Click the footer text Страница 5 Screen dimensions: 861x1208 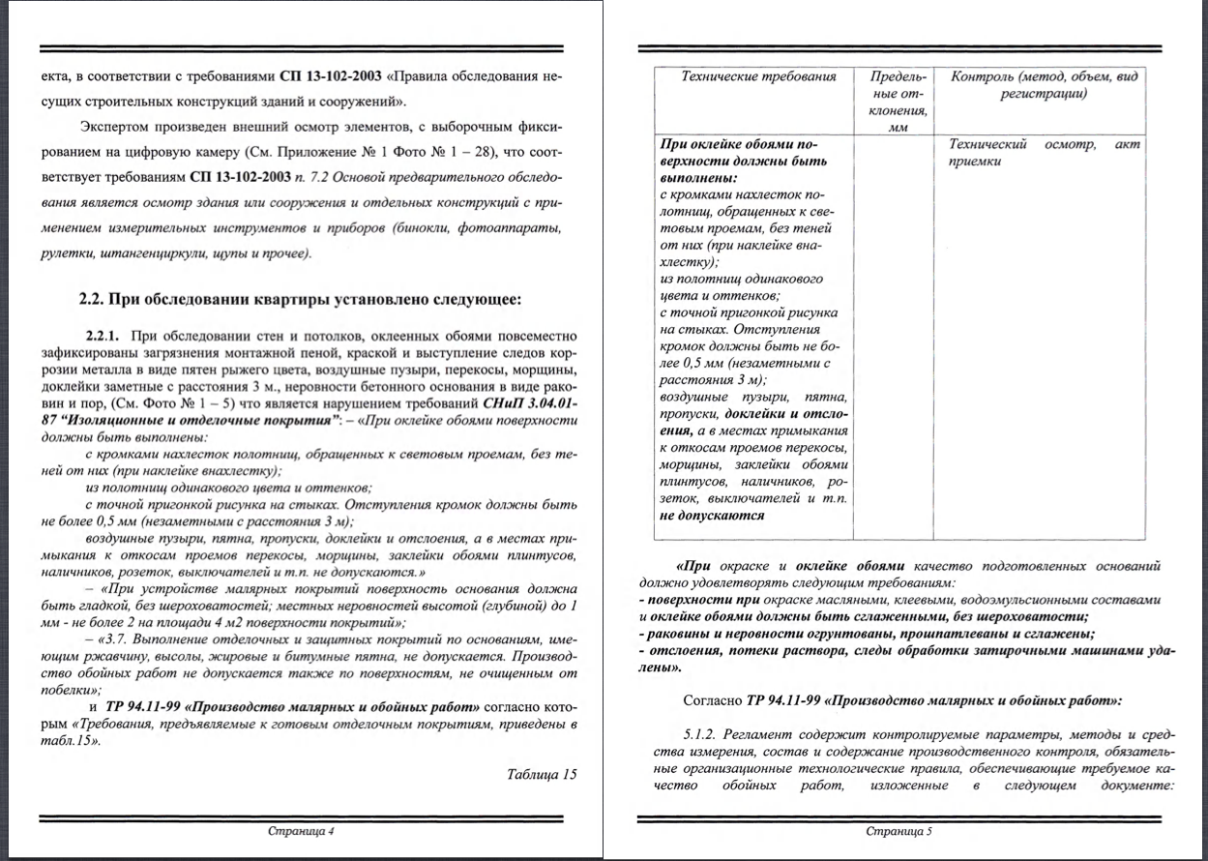[x=899, y=831]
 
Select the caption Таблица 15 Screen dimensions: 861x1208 [x=542, y=774]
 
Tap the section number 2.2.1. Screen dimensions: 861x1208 [x=102, y=336]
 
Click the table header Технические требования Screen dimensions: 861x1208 [x=758, y=76]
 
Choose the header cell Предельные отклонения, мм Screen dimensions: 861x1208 [x=898, y=101]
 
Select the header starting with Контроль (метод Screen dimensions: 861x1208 [x=1045, y=76]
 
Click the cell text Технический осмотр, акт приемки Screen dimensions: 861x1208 [x=1045, y=153]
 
